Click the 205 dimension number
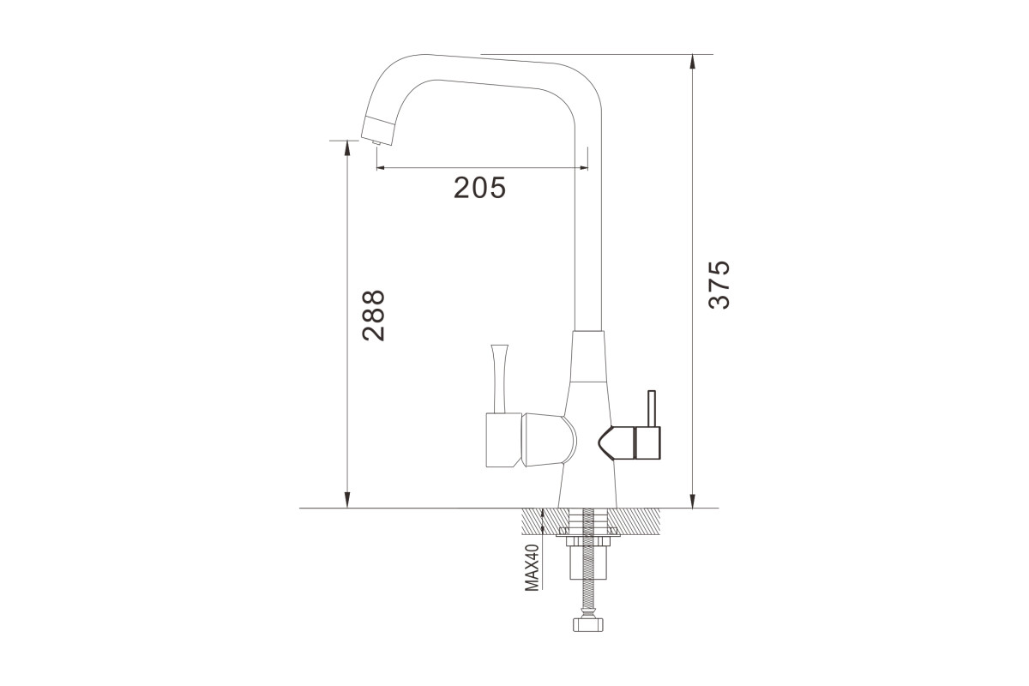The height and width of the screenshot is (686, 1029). tap(479, 188)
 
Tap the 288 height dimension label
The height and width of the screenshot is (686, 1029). tap(373, 316)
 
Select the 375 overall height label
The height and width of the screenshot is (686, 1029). tap(719, 285)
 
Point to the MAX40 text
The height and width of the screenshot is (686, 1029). tap(532, 568)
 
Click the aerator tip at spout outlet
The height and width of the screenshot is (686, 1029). tap(376, 143)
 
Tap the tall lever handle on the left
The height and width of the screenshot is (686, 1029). tap(499, 379)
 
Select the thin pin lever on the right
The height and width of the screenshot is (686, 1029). tap(651, 408)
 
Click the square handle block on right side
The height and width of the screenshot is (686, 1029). tap(647, 443)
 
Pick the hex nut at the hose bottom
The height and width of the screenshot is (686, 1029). tap(588, 625)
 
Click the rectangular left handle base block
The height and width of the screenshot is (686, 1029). tap(504, 440)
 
